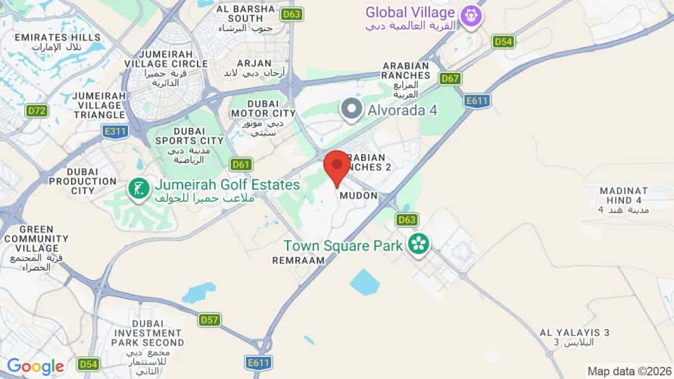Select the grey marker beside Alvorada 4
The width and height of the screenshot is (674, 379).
pos(351,110)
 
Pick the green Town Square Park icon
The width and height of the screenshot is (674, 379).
pos(418,244)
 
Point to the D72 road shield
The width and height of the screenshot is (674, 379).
pos(36,111)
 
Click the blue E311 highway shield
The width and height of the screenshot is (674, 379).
pos(115,132)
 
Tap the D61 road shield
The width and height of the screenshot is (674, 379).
pos(241,164)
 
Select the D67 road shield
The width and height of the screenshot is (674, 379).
pos(451,78)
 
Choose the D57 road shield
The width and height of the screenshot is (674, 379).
pos(209,320)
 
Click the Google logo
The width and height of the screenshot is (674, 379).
pos(36,368)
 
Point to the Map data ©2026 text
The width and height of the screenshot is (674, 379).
pos(628,371)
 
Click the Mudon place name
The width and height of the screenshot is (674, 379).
pos(358,195)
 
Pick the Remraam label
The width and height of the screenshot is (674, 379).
pos(298,259)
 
